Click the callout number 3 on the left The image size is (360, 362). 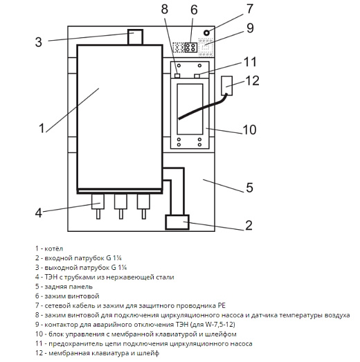coord(39,42)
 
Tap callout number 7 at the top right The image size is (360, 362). coord(250,8)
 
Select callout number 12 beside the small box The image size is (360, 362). coord(252,80)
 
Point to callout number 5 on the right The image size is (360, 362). coord(250,188)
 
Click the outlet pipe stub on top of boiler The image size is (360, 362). coord(135,37)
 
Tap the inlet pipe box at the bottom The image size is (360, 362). coord(177,222)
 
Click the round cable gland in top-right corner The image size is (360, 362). coord(207,33)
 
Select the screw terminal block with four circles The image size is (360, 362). coord(191,47)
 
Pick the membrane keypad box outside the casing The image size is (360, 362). coord(227,86)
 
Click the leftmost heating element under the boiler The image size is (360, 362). coord(98,206)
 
